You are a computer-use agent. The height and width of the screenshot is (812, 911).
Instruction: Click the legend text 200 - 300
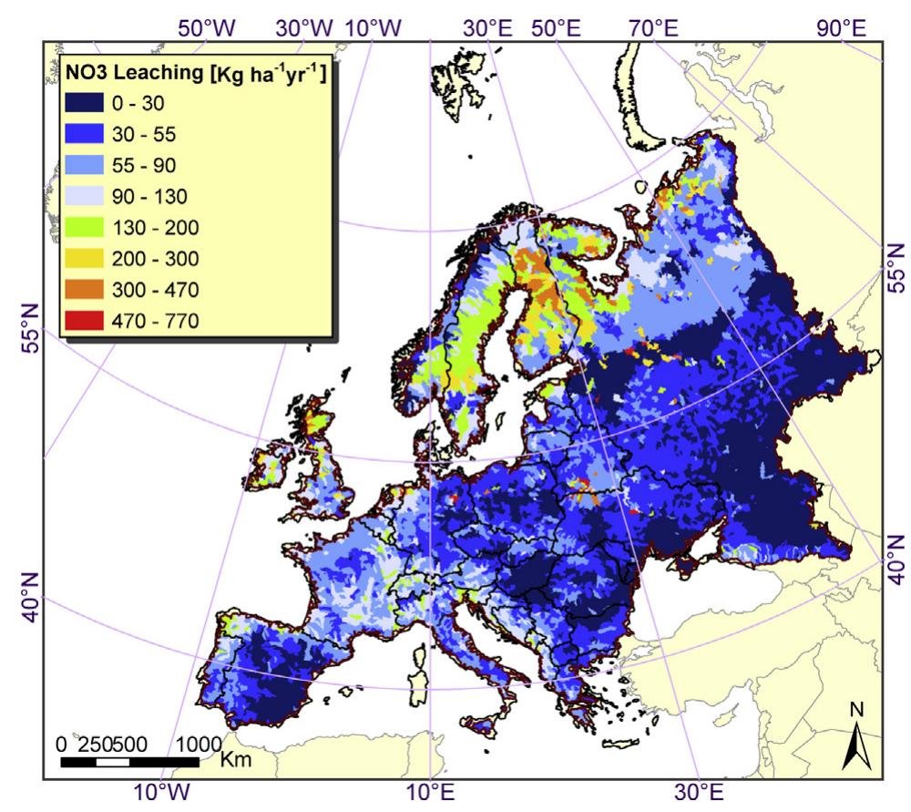(x=166, y=258)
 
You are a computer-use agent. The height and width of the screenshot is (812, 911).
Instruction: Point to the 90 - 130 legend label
(x=166, y=197)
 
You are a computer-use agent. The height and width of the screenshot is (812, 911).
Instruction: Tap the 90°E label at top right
(x=841, y=27)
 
